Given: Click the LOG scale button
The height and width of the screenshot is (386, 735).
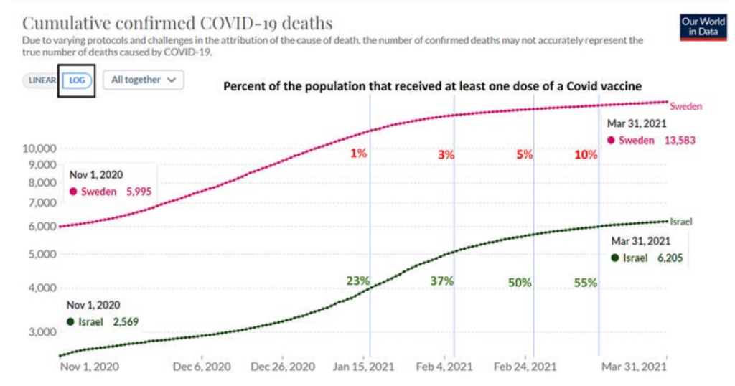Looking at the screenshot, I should pos(78,80).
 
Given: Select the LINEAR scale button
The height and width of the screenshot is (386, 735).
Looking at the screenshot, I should pos(42,80).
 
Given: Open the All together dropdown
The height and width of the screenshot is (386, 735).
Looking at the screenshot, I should pos(143,80).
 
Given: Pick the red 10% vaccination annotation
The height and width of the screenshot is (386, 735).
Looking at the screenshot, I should pos(586,154).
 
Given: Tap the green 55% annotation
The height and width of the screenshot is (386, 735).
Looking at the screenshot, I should pos(585,283).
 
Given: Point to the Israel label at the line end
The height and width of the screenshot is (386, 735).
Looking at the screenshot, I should pos(681,222).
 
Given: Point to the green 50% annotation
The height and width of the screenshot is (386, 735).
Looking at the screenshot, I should pos(519,283).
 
